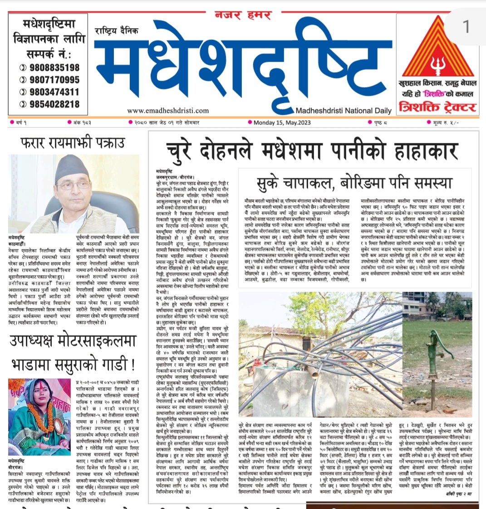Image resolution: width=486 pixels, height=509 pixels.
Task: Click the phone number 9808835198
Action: pos(54,68)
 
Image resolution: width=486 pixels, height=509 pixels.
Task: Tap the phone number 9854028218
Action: pos(54,104)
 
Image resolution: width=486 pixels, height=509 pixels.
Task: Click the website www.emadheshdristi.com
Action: pos(168,110)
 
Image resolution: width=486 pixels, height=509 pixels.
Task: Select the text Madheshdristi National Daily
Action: pos(343,110)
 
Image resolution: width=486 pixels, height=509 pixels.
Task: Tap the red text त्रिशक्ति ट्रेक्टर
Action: pos(437,107)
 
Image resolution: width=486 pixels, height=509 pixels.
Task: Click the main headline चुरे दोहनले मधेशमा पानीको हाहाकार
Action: pos(312,150)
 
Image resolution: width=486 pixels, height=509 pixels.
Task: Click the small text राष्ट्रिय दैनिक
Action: pos(117,30)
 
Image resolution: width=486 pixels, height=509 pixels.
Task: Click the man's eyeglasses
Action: pos(73,186)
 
